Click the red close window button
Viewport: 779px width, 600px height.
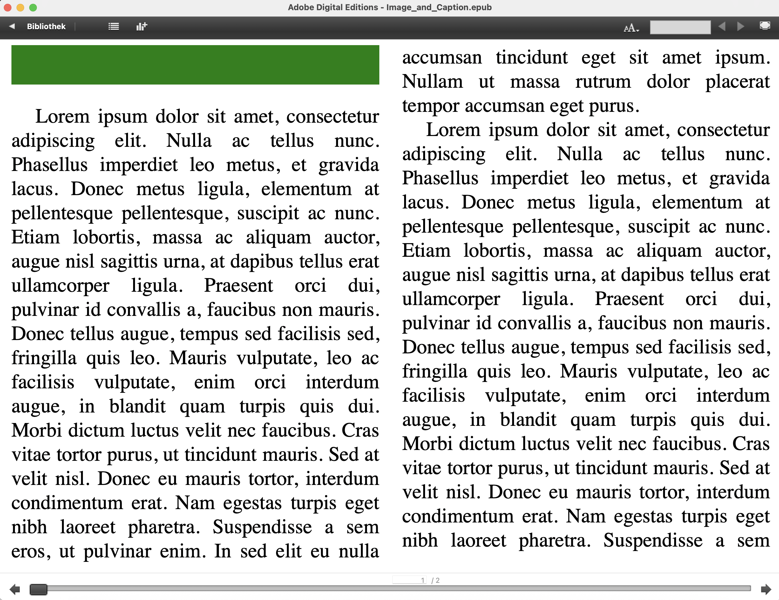[x=8, y=8]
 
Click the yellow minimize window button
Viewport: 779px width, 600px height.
[x=20, y=8]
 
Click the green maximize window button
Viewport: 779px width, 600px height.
[x=33, y=8]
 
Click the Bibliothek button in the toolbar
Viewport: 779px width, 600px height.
[x=46, y=26]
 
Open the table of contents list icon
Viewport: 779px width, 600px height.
[x=113, y=26]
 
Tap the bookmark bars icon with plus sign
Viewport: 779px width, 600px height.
[x=142, y=26]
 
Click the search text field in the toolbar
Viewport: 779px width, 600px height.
[x=680, y=27]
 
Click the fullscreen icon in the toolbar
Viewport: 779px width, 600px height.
[x=765, y=26]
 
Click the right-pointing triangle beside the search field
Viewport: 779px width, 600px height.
[x=741, y=26]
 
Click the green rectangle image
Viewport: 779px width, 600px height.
[x=195, y=65]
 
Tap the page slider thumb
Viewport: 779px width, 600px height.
[x=38, y=589]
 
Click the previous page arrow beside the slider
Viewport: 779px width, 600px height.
[x=15, y=589]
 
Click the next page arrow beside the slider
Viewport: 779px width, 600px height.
[x=766, y=589]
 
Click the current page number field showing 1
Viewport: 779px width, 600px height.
[x=410, y=580]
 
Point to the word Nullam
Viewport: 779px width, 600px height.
[x=432, y=82]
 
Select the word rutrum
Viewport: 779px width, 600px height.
[x=603, y=82]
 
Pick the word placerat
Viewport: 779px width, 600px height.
[x=737, y=82]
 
